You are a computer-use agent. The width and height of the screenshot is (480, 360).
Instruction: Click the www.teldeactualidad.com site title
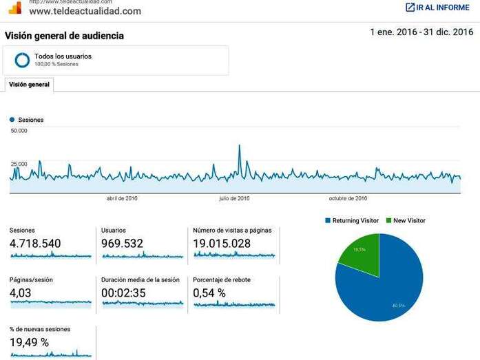point(85,11)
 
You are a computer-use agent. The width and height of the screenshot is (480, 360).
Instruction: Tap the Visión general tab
point(29,84)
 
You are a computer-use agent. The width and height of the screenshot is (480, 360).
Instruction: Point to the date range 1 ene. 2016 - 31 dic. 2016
point(421,32)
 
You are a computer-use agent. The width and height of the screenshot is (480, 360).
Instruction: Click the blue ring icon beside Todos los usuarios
point(22,60)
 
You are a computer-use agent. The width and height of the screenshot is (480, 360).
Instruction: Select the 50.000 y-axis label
point(19,131)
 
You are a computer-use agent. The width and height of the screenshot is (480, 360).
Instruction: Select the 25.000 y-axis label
point(19,164)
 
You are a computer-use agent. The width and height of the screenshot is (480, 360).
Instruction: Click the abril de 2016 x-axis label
point(122,198)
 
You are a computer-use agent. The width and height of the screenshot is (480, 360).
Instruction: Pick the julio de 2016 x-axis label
point(234,198)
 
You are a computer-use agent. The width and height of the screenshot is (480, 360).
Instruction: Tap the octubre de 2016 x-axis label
point(348,198)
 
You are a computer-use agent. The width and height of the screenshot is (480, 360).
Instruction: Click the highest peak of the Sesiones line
point(239,146)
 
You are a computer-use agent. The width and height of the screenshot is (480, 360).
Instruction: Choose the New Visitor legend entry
point(409,220)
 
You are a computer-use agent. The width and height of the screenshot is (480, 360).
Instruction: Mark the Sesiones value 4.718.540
point(35,243)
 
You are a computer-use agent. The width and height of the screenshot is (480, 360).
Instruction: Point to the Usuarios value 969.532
point(123,243)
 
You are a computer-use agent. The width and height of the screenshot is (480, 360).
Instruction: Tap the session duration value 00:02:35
point(125,293)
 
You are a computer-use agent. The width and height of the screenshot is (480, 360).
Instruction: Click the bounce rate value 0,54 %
point(209,293)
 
